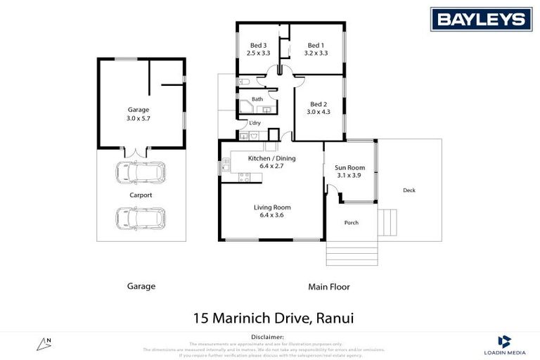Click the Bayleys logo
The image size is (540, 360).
481,20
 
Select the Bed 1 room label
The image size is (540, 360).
316,45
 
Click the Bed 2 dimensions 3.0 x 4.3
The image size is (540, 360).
318,111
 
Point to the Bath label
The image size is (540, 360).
257,99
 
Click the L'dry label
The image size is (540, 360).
255,123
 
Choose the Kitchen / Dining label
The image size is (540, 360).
272,158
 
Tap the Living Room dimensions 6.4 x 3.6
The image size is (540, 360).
272,215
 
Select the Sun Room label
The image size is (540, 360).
349,167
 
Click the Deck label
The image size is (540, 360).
409,190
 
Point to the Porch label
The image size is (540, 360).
351,223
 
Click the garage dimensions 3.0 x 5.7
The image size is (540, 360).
138,119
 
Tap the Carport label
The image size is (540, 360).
141,195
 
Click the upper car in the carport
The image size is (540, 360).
141,172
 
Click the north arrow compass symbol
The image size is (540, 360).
44,344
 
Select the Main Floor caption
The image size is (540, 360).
328,287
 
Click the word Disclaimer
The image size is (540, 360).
270,337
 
